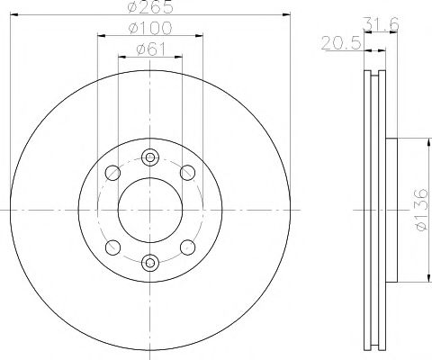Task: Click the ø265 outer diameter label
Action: click(x=149, y=7)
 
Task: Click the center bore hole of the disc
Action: click(x=149, y=209)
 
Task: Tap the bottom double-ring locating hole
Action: click(x=149, y=263)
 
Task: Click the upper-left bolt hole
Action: click(x=112, y=172)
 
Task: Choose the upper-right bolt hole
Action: click(x=187, y=172)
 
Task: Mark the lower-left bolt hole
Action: click(x=112, y=247)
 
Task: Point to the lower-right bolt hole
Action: click(x=187, y=247)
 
